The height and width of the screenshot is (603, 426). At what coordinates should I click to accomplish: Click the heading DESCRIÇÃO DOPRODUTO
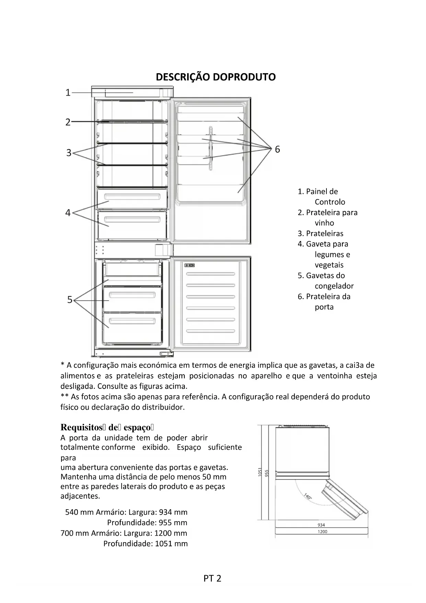(216, 77)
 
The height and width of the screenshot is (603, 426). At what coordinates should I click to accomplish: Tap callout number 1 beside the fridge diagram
(68, 92)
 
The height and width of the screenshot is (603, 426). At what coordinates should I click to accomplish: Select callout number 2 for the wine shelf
(68, 122)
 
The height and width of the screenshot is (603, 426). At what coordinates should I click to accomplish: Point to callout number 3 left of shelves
(69, 153)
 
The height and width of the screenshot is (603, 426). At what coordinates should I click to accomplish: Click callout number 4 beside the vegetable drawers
(68, 213)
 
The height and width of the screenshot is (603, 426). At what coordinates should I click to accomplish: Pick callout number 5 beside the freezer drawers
(70, 300)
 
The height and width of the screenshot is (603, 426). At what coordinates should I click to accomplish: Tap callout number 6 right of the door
(277, 149)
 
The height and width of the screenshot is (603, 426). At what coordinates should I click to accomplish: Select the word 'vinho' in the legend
(324, 223)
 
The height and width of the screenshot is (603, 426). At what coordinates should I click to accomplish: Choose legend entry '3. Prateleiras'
(320, 233)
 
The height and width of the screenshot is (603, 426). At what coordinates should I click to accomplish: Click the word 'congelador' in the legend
(334, 286)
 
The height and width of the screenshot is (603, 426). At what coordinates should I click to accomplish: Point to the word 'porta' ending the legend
(324, 307)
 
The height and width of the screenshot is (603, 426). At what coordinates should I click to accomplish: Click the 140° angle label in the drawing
(308, 496)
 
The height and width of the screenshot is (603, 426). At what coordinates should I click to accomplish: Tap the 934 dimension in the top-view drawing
(321, 525)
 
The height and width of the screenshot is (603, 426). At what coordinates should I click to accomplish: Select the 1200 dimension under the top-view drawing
(322, 531)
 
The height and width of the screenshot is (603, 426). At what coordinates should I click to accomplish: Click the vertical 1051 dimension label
(260, 472)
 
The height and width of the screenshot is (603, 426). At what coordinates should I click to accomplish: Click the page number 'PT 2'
(212, 578)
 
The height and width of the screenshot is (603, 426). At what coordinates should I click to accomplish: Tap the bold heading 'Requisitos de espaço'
(107, 427)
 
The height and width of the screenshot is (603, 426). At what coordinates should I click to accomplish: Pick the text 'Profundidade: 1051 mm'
(146, 544)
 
